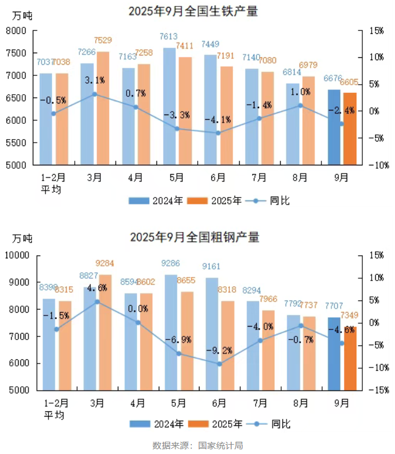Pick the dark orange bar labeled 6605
349,129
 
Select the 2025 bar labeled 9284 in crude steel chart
105,331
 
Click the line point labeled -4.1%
218,133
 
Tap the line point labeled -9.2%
219,364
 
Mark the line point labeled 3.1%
95,94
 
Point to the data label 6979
308,64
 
